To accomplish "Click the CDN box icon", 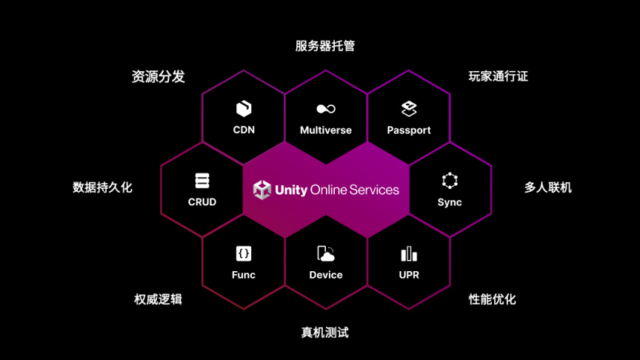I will point(244,109).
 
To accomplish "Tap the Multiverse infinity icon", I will point(326,109).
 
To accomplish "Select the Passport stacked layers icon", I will point(409,109).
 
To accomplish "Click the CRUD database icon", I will point(202,181).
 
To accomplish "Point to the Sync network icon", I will point(450,181).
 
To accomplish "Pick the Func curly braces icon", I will point(244,253).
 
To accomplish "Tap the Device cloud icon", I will point(326,254).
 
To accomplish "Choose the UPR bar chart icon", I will point(409,254).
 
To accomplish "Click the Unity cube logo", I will point(262,190).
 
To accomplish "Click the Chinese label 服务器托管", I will point(325,46).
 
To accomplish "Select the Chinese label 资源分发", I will point(158,76).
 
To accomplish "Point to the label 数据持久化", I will point(102,187).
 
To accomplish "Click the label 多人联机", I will point(548,187).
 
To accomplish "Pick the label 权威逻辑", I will point(158,299).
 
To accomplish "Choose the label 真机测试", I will point(324,333).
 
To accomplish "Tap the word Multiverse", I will point(326,130).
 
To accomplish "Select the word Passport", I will point(409,130).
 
